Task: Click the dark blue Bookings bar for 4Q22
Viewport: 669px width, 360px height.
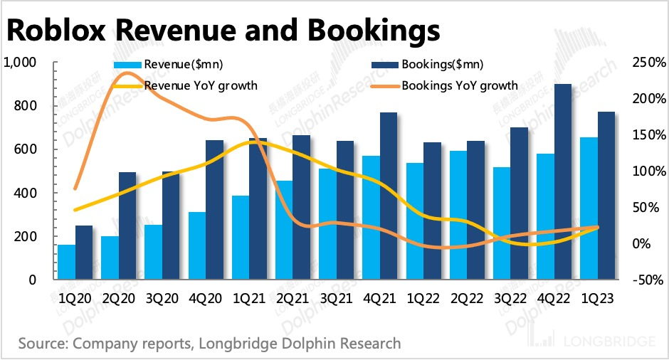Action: (563, 182)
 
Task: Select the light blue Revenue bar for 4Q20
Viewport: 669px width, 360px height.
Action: (197, 246)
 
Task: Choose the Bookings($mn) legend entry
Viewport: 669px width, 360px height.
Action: (442, 65)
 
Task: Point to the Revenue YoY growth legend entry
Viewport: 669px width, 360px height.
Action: (200, 85)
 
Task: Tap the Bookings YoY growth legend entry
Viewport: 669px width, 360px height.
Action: (459, 85)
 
